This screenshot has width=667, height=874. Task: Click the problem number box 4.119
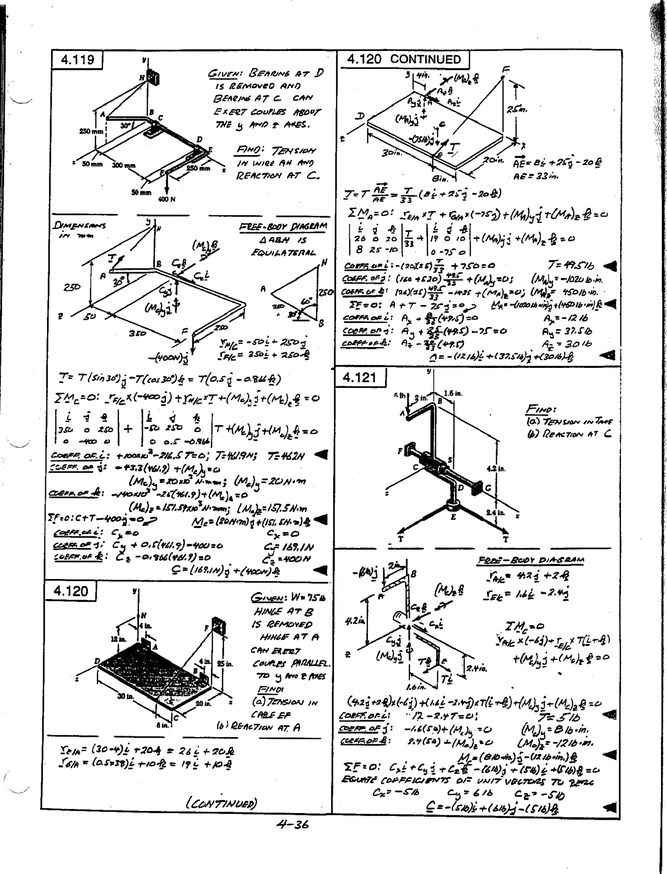(78, 60)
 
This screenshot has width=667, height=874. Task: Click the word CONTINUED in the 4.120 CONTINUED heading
(425, 59)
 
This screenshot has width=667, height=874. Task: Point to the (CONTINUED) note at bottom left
(221, 803)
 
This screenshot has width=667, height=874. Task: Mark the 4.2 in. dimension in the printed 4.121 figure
(496, 469)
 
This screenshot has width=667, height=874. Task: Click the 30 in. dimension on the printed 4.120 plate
(125, 696)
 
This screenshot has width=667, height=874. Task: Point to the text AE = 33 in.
(535, 176)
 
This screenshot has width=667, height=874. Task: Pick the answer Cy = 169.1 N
(288, 548)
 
